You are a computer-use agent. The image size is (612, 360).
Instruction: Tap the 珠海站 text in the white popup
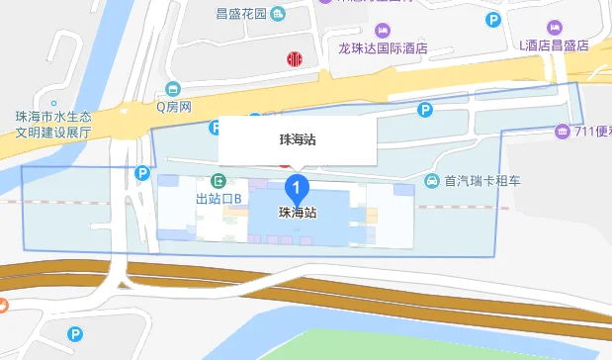pyautogui.click(x=298, y=140)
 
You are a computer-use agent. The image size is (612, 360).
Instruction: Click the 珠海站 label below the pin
pyautogui.click(x=298, y=213)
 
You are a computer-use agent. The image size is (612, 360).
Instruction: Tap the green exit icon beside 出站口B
pyautogui.click(x=219, y=182)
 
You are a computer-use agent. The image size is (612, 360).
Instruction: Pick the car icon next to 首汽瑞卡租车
pyautogui.click(x=432, y=182)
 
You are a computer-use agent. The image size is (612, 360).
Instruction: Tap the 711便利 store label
pyautogui.click(x=591, y=132)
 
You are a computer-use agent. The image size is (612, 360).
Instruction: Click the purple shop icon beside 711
pyautogui.click(x=562, y=132)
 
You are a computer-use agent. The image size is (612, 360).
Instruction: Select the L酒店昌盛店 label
pyautogui.click(x=554, y=45)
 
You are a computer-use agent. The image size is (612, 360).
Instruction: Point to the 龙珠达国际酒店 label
pyautogui.click(x=382, y=47)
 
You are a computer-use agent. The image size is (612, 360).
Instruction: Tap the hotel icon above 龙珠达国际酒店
pyautogui.click(x=383, y=28)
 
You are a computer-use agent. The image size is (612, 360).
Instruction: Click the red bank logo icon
pyautogui.click(x=294, y=59)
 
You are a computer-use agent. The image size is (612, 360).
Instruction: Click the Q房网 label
pyautogui.click(x=173, y=106)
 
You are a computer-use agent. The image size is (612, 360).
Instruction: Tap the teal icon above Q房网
pyautogui.click(x=174, y=88)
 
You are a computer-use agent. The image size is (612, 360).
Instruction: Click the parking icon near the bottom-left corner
pyautogui.click(x=75, y=335)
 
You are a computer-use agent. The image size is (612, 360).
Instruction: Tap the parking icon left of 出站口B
pyautogui.click(x=141, y=174)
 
